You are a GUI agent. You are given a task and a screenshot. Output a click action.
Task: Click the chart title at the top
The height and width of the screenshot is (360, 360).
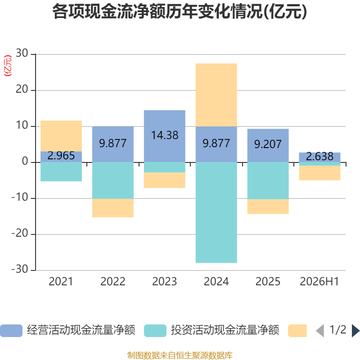(x=180, y=12)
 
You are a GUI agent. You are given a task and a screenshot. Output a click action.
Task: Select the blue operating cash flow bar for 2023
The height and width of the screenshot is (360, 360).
(x=165, y=136)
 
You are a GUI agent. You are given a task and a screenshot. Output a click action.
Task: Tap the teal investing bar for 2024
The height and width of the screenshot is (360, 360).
(x=216, y=212)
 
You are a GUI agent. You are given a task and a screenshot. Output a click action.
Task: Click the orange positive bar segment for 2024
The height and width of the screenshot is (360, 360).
(x=216, y=95)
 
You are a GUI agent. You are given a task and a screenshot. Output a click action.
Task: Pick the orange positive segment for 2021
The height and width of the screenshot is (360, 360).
(x=61, y=136)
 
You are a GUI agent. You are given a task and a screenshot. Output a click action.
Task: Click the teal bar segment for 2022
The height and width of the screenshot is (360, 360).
(x=113, y=180)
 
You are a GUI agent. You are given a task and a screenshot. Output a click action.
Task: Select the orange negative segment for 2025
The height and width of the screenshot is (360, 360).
(x=268, y=207)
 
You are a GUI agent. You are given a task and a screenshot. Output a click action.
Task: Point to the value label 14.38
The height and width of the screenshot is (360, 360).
(x=165, y=135)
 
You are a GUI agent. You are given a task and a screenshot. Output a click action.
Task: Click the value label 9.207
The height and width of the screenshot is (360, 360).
(x=268, y=144)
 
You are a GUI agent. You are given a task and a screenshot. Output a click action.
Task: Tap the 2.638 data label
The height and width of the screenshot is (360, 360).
(x=319, y=156)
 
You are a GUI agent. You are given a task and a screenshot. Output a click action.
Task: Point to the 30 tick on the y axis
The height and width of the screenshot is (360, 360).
(x=22, y=53)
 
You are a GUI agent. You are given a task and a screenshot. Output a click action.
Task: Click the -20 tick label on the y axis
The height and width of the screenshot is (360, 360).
(x=20, y=234)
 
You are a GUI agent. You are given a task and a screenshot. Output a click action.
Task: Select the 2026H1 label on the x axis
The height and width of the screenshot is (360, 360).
(x=319, y=282)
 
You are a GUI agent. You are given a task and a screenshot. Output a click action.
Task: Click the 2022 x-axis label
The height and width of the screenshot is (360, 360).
(x=113, y=282)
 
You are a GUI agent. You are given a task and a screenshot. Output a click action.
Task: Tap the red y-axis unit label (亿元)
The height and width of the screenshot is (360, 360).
(x=8, y=66)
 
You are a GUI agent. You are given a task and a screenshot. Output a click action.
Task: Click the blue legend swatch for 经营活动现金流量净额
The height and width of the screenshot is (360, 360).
(x=11, y=331)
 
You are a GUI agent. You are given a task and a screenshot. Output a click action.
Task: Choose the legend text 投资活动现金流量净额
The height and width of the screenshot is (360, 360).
(x=225, y=330)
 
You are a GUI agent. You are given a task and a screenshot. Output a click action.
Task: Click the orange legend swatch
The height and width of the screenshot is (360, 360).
(x=297, y=331)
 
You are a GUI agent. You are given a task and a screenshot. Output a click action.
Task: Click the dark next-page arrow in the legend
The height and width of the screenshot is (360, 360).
(x=356, y=331)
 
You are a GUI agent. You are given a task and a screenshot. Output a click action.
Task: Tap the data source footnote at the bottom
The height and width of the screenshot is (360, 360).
(x=180, y=355)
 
